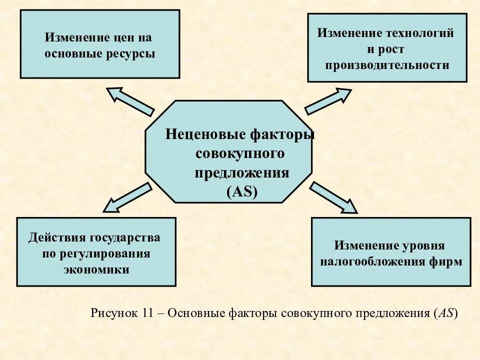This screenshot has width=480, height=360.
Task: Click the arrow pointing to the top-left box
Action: pyautogui.click(x=130, y=101)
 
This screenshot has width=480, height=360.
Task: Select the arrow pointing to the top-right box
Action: pyautogui.click(x=328, y=101)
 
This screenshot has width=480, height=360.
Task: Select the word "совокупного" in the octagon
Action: pyautogui.click(x=239, y=154)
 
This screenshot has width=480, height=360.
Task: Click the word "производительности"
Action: pyautogui.click(x=387, y=65)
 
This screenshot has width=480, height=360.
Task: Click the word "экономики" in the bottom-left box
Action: pyautogui.click(x=96, y=269)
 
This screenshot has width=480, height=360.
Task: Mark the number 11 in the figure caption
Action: pyautogui.click(x=146, y=313)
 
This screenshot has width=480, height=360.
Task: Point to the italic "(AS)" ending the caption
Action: pyautogui.click(x=446, y=313)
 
